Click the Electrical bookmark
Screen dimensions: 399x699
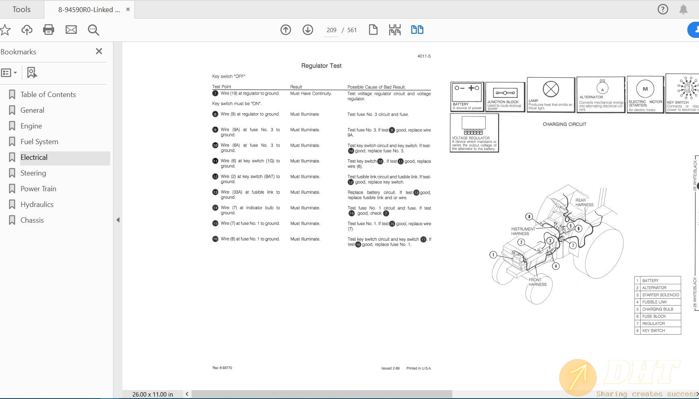(34, 157)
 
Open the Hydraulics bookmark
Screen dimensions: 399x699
(37, 205)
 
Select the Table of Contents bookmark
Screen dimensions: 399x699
(48, 95)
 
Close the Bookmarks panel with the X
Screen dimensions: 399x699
(99, 51)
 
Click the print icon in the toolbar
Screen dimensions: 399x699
(49, 30)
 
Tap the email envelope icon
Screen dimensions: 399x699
(71, 30)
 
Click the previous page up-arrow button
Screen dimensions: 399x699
(286, 30)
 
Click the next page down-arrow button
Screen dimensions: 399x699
(308, 30)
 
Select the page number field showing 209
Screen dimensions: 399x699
(332, 30)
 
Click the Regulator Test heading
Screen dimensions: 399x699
(321, 66)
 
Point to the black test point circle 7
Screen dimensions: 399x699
(215, 93)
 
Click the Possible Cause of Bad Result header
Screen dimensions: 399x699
(376, 87)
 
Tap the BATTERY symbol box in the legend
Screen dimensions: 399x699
(467, 97)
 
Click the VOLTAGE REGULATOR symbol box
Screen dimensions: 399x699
(474, 133)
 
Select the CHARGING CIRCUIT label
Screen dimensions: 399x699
(564, 124)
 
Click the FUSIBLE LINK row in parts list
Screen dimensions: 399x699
(658, 302)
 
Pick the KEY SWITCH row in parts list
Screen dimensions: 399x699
(658, 331)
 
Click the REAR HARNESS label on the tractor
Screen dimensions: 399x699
(584, 203)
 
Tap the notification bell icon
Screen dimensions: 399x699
(683, 9)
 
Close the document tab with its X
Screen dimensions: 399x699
(128, 9)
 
